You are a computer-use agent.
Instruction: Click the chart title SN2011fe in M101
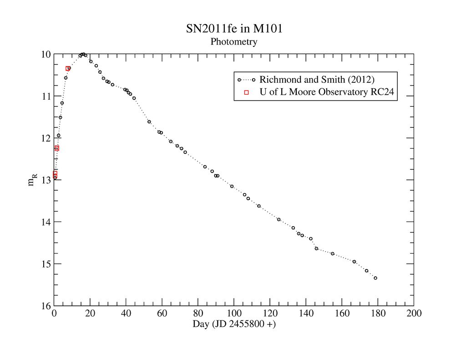[234, 29]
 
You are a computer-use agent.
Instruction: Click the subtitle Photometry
[234, 42]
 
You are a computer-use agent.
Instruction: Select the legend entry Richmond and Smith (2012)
[317, 80]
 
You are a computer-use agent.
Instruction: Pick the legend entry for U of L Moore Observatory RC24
[326, 92]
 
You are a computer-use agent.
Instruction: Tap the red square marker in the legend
[247, 92]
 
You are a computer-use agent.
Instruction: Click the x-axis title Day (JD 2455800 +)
[234, 325]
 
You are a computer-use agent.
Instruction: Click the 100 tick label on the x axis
[234, 314]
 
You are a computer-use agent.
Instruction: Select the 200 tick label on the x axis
[414, 314]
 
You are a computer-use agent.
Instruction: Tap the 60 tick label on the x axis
[162, 314]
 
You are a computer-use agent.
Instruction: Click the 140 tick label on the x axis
[306, 314]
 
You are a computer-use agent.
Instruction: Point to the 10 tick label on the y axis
[46, 55]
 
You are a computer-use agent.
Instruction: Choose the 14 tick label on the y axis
[46, 222]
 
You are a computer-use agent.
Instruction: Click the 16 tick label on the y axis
[46, 306]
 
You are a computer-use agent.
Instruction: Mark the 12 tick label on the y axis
[46, 138]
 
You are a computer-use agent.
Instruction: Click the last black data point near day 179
[375, 278]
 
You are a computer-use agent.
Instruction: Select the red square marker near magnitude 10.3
[67, 68]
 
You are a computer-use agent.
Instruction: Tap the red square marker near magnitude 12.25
[57, 148]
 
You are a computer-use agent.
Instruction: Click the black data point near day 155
[333, 254]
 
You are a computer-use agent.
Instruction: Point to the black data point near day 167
[354, 261]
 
